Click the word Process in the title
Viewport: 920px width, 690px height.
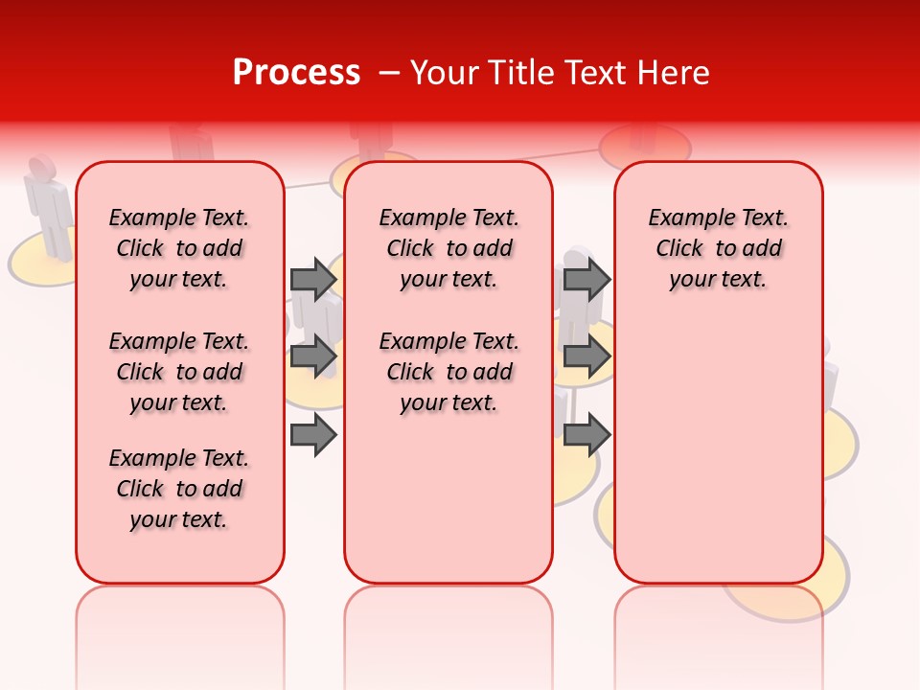(296, 73)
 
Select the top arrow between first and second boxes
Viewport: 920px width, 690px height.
(313, 279)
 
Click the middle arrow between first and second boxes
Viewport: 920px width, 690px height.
(313, 357)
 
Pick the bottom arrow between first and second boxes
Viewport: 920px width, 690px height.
(313, 435)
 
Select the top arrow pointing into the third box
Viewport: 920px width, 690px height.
(586, 279)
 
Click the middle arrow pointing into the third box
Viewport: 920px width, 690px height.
(586, 357)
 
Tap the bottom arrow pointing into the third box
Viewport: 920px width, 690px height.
(586, 435)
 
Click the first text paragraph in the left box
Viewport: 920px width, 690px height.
(179, 248)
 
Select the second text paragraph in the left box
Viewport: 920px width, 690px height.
(179, 372)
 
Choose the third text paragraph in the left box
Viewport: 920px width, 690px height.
(179, 489)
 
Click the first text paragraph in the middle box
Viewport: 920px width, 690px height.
(448, 248)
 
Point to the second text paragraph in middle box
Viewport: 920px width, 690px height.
(448, 372)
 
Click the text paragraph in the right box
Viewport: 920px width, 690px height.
(718, 248)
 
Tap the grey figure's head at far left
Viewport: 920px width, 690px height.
(41, 168)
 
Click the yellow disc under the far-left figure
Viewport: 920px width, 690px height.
(38, 264)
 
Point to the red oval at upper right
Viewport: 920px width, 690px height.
(645, 146)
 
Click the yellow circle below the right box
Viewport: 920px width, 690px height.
(786, 594)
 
